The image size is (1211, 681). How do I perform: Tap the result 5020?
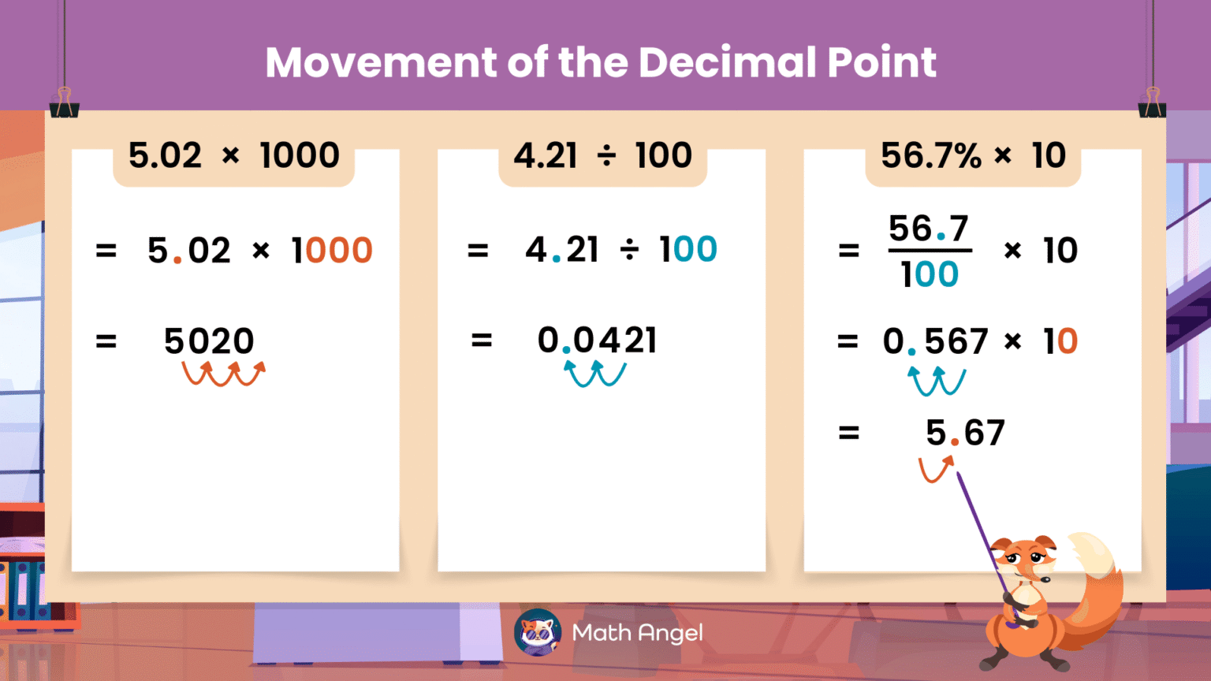pos(209,341)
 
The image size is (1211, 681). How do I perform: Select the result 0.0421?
pos(597,340)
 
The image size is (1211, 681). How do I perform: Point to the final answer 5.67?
pos(965,433)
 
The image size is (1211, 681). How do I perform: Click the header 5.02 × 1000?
pos(233,155)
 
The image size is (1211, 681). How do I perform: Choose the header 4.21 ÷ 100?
pos(602,155)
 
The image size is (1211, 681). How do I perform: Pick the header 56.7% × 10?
pos(973,155)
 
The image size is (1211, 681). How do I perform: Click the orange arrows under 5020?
pos(224,374)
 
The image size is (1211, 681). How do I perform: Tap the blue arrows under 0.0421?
pos(595,374)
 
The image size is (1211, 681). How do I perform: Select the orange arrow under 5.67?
pos(936,470)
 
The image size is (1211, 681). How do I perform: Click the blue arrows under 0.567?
pos(937,381)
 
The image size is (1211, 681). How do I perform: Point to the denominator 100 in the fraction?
pos(930,274)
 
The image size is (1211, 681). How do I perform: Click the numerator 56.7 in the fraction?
pos(929,229)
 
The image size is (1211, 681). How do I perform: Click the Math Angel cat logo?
pos(537,632)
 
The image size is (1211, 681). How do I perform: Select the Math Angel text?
pos(637,633)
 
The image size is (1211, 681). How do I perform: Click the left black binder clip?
pos(64,104)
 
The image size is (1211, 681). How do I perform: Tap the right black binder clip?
pos(1152,104)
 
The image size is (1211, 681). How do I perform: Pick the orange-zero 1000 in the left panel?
pos(332,251)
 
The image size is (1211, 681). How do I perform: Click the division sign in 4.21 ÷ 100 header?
pos(606,156)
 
